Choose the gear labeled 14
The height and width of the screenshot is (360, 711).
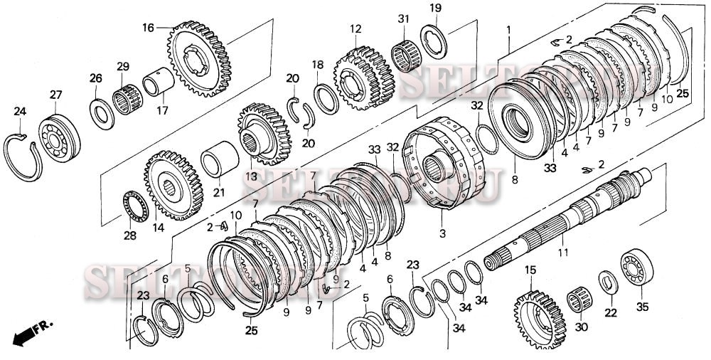pyautogui.click(x=173, y=189)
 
